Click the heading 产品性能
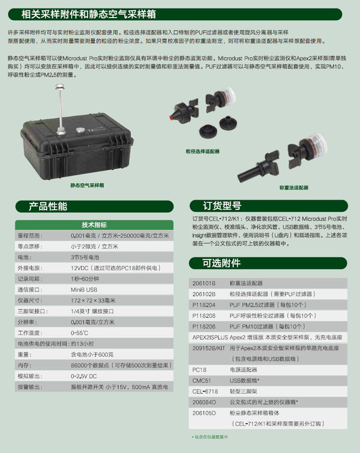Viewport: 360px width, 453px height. click(x=48, y=206)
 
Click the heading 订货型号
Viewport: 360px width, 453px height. click(x=222, y=206)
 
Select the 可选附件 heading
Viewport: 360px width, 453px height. click(x=221, y=263)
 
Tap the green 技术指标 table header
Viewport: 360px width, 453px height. click(x=94, y=225)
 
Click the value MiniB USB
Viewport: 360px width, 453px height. click(x=84, y=290)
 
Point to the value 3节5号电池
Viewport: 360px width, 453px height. click(x=85, y=257)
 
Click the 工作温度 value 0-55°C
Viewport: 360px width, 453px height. click(x=79, y=333)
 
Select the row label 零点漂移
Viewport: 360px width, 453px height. click(x=30, y=246)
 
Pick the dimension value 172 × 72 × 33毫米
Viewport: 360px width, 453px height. click(x=93, y=300)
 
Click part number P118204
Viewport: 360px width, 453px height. click(x=204, y=305)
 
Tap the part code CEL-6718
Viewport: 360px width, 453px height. click(x=205, y=391)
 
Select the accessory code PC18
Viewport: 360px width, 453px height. click(x=199, y=370)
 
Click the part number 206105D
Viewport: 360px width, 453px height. click(x=204, y=413)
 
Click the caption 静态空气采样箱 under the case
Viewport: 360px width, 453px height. click(x=87, y=185)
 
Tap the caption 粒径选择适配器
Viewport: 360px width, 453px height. click(x=202, y=151)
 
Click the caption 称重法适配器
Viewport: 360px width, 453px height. click(x=294, y=187)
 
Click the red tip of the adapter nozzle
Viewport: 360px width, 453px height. click(x=171, y=117)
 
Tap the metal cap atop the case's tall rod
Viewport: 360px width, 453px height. click(x=60, y=86)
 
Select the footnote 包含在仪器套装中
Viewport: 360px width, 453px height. click(x=211, y=437)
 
